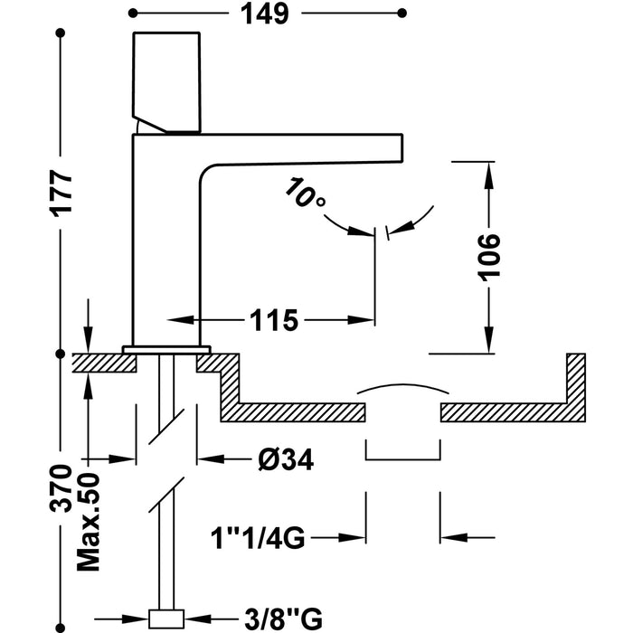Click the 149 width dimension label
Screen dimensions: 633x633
[x=265, y=14]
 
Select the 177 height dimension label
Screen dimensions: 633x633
[x=61, y=192]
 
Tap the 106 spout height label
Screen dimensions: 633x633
[x=489, y=257]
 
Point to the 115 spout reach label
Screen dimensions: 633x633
[x=274, y=320]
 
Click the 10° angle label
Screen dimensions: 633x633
[x=304, y=193]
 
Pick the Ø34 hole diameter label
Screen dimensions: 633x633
[x=286, y=459]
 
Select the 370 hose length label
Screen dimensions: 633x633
[x=61, y=489]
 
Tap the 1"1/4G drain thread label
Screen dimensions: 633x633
[x=258, y=538]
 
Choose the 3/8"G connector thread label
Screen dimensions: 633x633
[x=283, y=619]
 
